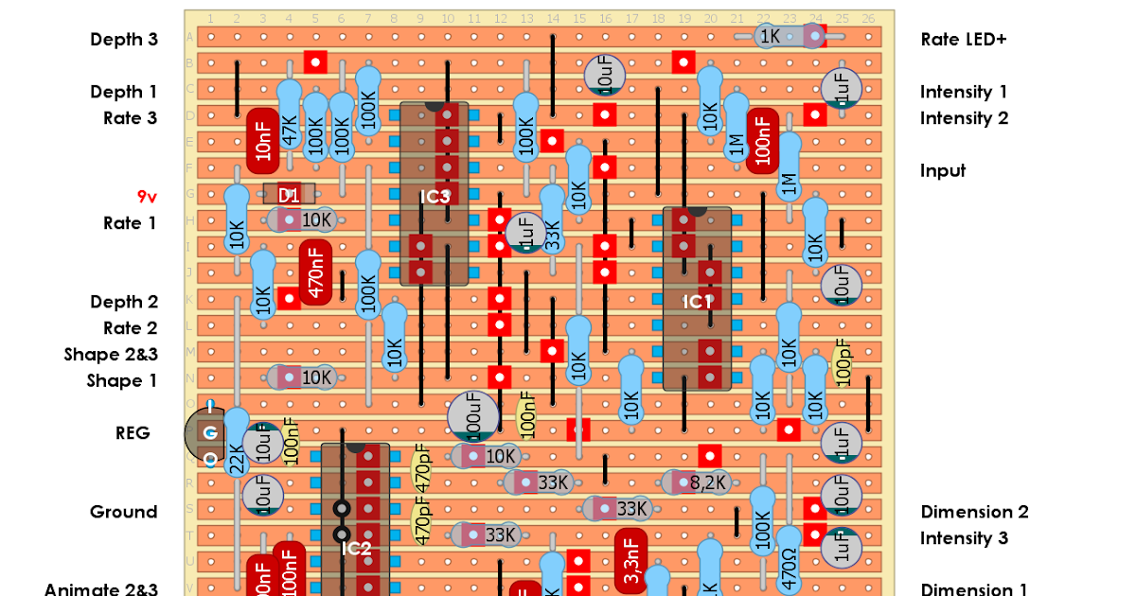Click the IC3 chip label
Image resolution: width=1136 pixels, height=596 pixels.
pos(435,197)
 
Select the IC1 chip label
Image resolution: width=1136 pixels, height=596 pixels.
pos(697,302)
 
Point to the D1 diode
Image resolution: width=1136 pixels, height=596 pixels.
pos(289,195)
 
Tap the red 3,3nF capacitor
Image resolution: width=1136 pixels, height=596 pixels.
pos(631,560)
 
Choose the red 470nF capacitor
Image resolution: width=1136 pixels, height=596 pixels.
pos(316,272)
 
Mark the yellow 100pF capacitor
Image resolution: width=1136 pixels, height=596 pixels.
pos(843,362)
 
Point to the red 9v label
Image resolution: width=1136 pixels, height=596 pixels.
pos(147,197)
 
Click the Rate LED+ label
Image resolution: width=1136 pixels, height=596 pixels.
pos(963,39)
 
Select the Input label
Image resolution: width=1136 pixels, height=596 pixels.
pos(943,170)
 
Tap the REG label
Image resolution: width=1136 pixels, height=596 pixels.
pos(133,432)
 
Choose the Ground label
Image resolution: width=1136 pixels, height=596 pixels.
pos(123,512)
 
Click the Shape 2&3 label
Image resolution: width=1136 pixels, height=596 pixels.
pos(111,354)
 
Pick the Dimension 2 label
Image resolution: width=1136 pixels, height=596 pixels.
pos(974,512)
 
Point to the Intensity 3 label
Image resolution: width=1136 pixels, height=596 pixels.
pos(964,538)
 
